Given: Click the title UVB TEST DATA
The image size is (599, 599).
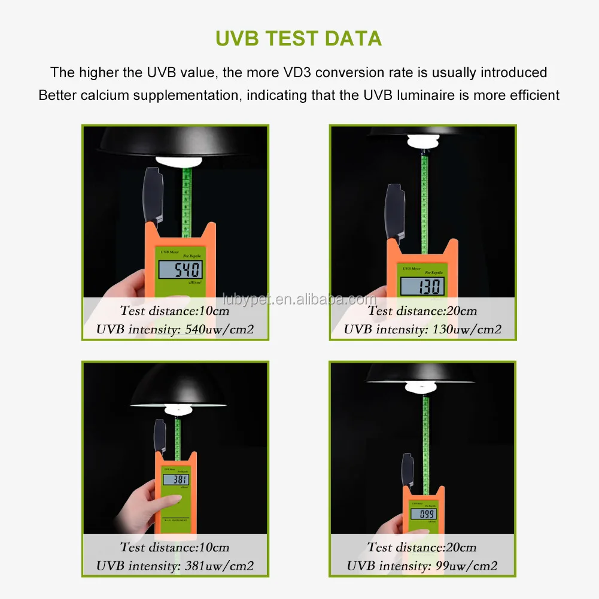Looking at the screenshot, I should pos(299,38).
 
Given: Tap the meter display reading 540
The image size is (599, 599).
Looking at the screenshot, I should pos(180,269).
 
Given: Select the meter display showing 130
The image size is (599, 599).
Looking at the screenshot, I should pos(422,287).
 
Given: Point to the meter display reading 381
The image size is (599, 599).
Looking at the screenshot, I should pos(177,479).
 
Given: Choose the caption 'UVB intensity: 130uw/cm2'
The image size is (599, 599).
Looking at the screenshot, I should pos(422,329).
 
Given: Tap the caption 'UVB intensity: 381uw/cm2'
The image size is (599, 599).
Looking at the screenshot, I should pos(175,565).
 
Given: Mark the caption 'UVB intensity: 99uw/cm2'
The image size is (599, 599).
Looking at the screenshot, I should pos(422,565).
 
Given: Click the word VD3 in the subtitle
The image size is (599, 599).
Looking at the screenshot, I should pos(294,72).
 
